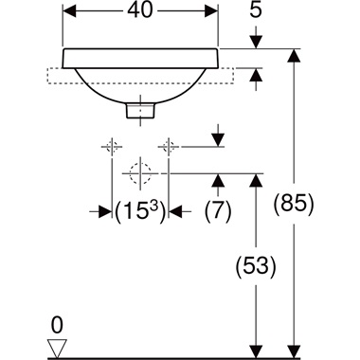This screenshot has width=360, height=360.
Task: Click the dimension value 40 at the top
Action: click(x=140, y=10)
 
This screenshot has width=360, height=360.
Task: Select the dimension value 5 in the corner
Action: click(x=256, y=10)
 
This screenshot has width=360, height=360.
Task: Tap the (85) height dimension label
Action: click(x=294, y=204)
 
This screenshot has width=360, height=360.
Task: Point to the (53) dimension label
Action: click(x=256, y=266)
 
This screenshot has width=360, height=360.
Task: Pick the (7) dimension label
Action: click(x=218, y=211)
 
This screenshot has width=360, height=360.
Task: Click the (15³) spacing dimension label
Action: click(x=140, y=211)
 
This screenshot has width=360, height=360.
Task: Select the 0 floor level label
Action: click(x=57, y=326)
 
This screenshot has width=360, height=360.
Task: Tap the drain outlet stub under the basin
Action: click(x=140, y=111)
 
